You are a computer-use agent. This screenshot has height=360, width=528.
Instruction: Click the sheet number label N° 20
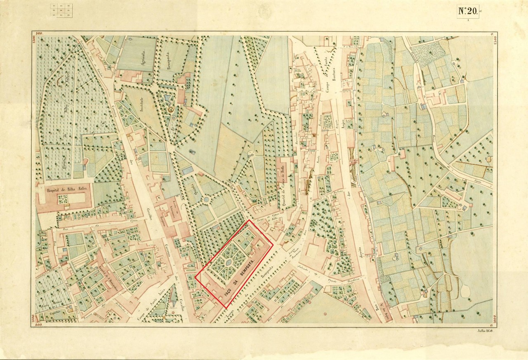pos(468,11)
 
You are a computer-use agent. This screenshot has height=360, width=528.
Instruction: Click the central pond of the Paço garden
pos(228,262)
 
